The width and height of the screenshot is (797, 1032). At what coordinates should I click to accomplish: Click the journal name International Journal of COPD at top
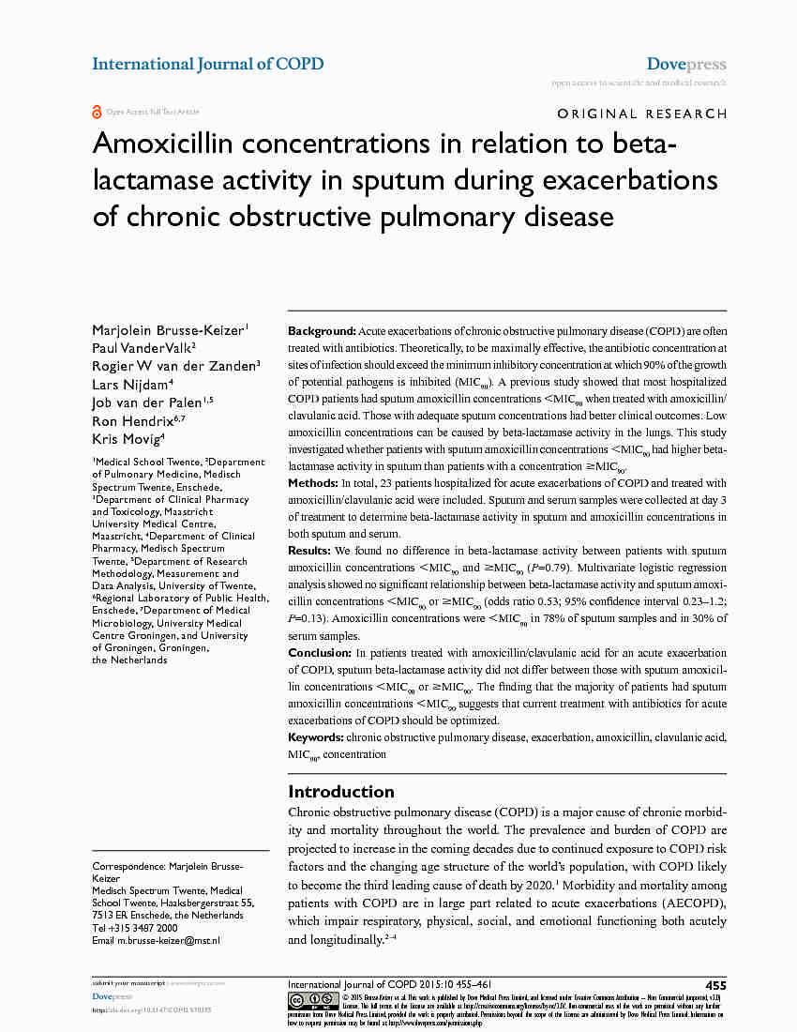[x=207, y=64]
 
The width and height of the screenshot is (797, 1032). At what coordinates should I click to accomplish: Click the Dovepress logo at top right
[x=686, y=65]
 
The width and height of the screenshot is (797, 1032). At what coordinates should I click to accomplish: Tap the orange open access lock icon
[x=97, y=112]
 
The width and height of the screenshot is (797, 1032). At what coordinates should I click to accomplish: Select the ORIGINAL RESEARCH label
[x=641, y=114]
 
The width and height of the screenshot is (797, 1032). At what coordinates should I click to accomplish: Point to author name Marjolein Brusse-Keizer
[x=169, y=329]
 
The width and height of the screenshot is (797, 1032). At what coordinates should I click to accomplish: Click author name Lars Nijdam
[x=131, y=385]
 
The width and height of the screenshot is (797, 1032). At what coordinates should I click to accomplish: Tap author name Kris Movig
[x=128, y=439]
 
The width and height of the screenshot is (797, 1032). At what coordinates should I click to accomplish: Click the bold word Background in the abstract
[x=322, y=332]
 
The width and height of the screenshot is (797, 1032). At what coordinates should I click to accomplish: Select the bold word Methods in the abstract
[x=313, y=482]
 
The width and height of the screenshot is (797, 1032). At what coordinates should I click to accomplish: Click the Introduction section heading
[x=341, y=791]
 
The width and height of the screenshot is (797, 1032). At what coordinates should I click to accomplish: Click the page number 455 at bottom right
[x=715, y=985]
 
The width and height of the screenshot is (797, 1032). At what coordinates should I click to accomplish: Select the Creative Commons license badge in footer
[x=313, y=1000]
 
